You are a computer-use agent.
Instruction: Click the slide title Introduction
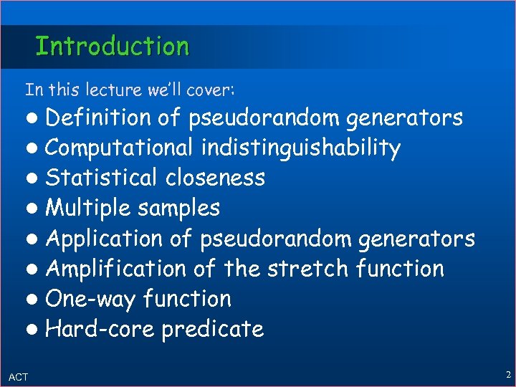[x=113, y=47]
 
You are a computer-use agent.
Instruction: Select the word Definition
[x=97, y=117]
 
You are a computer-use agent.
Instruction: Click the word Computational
[x=119, y=148]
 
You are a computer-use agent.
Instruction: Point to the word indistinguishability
[x=300, y=148]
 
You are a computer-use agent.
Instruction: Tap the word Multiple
[x=89, y=209]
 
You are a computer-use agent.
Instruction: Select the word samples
[x=179, y=209]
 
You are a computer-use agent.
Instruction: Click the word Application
[x=105, y=238]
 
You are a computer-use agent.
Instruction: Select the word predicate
[x=212, y=330]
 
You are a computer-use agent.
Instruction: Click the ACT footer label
[x=19, y=376]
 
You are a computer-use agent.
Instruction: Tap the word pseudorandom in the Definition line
[x=264, y=117]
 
